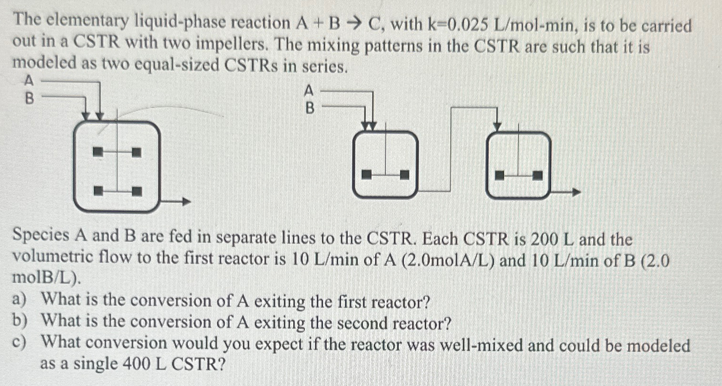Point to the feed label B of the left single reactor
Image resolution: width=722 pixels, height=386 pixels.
tap(29, 99)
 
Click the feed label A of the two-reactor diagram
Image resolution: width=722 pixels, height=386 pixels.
tap(309, 89)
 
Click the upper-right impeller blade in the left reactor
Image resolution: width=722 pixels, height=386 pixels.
tap(137, 152)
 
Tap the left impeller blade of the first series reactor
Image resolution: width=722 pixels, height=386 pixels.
tap(366, 175)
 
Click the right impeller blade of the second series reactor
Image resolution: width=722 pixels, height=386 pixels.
tap(537, 175)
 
